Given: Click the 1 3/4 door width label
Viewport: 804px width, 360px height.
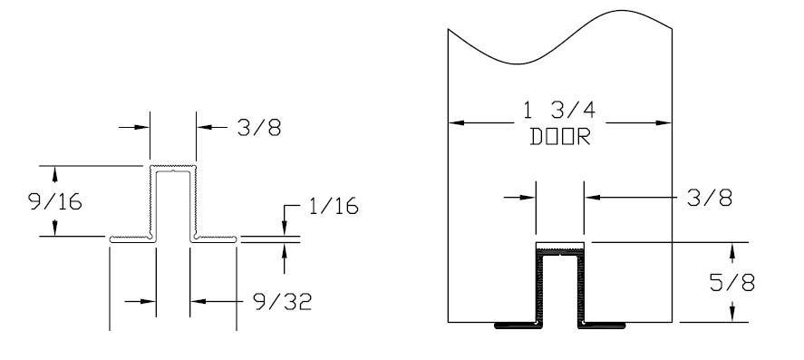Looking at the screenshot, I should pyautogui.click(x=559, y=113).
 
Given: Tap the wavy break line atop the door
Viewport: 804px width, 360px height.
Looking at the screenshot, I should pyautogui.click(x=559, y=36).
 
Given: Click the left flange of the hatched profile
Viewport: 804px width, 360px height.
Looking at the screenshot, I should pyautogui.click(x=129, y=239).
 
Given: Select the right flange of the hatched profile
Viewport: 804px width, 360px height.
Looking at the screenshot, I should pyautogui.click(x=215, y=239).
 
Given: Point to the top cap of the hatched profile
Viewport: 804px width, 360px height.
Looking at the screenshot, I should pyautogui.click(x=172, y=168).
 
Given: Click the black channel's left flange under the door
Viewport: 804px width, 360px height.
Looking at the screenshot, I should pyautogui.click(x=515, y=324).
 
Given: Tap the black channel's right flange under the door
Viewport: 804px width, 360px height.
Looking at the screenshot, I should pyautogui.click(x=605, y=324).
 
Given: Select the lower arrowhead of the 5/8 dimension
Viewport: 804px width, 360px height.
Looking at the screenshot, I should pyautogui.click(x=731, y=316).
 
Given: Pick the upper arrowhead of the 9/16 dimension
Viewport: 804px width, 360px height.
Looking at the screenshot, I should pyautogui.click(x=56, y=171).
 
